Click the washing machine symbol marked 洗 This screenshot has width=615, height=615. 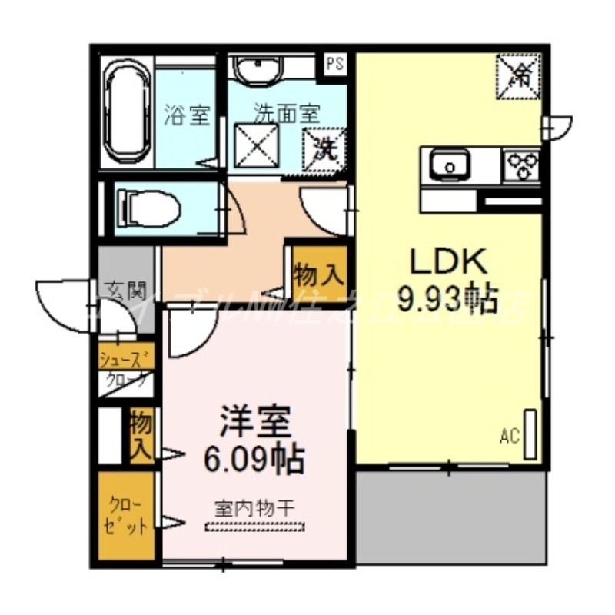(324, 146)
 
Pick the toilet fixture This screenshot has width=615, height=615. (148, 207)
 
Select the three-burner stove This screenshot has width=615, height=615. (523, 164)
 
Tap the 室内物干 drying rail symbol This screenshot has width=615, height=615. (255, 527)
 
